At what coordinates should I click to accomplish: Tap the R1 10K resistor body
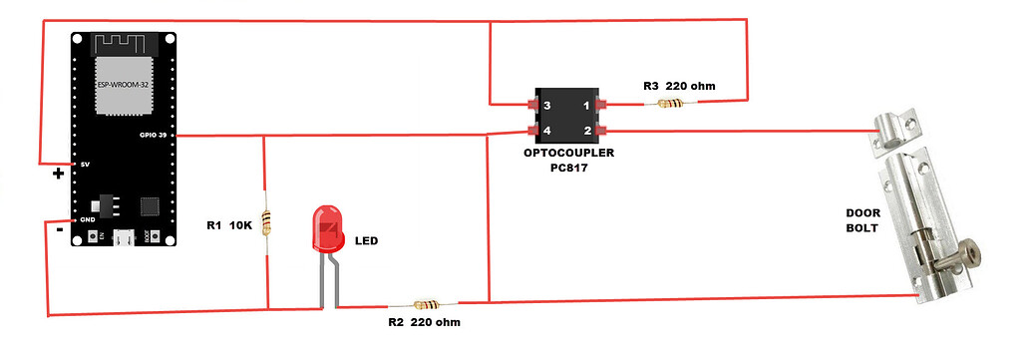click(265, 223)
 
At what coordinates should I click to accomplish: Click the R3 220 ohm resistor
click(671, 103)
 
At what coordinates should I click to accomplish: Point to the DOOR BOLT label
click(862, 220)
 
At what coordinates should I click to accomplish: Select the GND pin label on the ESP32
click(87, 218)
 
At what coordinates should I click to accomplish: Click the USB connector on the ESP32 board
click(124, 238)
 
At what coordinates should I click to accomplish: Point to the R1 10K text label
click(230, 224)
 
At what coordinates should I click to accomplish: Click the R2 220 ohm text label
click(424, 323)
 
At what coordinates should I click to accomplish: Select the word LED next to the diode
click(368, 241)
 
